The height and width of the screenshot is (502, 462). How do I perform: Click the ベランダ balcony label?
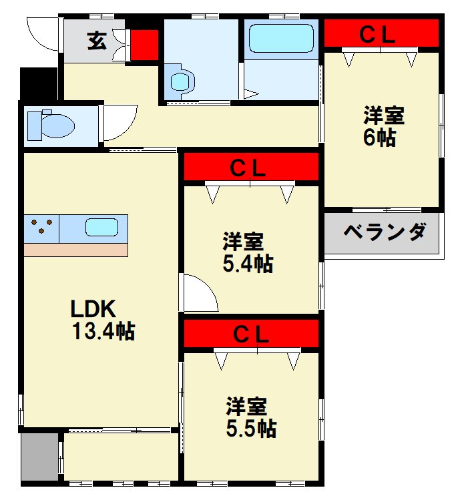[x=385, y=232]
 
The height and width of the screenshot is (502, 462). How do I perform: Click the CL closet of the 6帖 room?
[x=381, y=34]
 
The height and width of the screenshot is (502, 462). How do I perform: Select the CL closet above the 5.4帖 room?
[x=250, y=167]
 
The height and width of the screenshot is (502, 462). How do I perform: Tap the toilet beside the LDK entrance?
[x=51, y=124]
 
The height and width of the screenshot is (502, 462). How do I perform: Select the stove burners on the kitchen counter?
[x=41, y=227]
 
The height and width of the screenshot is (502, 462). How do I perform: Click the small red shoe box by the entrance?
[x=144, y=44]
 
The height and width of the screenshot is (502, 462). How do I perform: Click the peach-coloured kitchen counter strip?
[x=75, y=250]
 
